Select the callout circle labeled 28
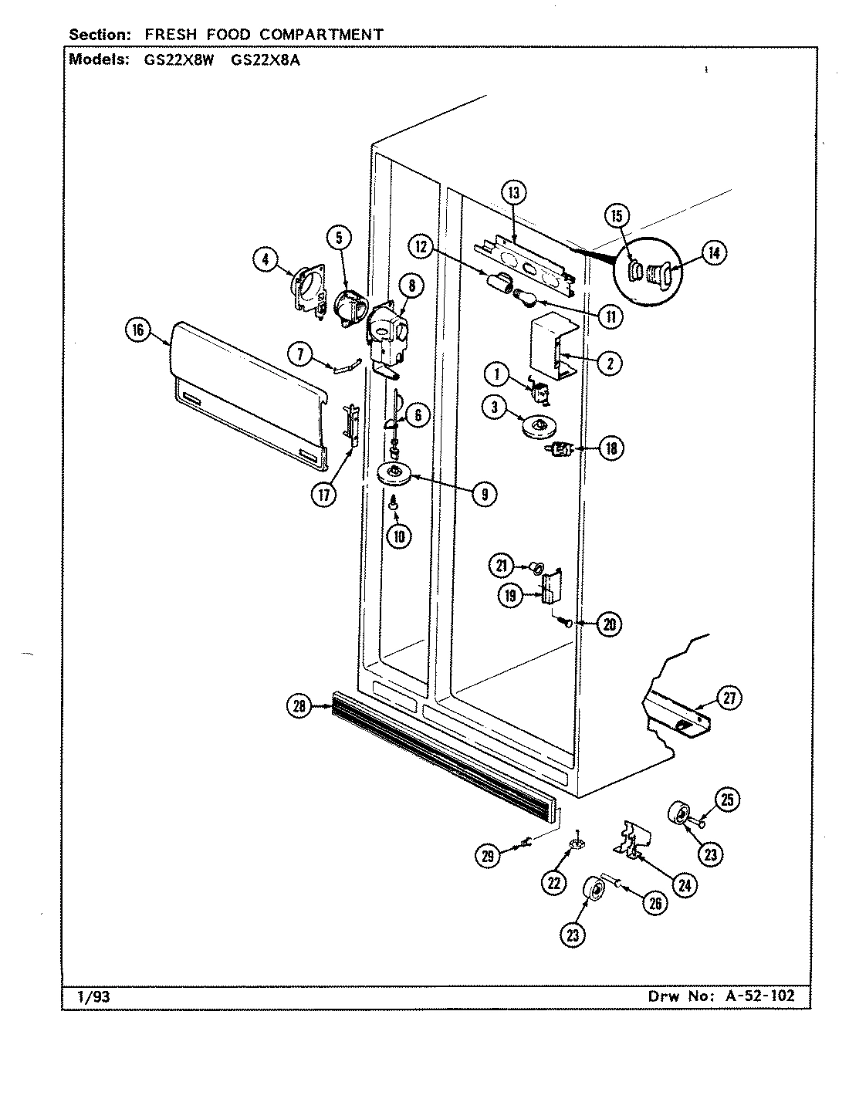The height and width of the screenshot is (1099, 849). pos(298,704)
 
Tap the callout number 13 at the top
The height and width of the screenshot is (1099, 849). pos(514,193)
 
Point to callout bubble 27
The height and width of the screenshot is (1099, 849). pos(729,698)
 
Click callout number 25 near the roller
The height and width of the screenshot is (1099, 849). pos(726,801)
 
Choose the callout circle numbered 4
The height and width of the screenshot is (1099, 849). pos(265,260)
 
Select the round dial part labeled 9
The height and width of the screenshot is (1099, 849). pos(394,473)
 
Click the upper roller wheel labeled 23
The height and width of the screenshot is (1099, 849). pos(681,814)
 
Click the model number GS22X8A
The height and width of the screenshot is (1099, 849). pos(266,59)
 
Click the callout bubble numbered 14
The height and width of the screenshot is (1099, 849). pos(716,252)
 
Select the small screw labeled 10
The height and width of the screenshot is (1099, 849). pos(393,504)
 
